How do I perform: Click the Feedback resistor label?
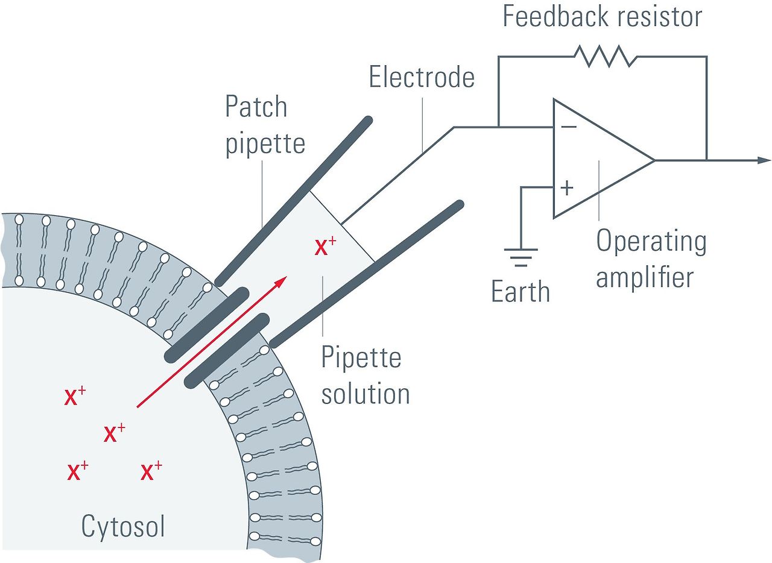[602, 16]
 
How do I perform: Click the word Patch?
[256, 107]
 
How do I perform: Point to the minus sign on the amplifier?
[568, 127]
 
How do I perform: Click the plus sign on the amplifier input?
[567, 188]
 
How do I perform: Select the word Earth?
[520, 292]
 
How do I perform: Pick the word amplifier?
[645, 278]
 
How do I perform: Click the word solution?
[365, 394]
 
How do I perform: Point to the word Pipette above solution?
[361, 357]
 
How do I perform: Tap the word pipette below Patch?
[265, 144]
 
